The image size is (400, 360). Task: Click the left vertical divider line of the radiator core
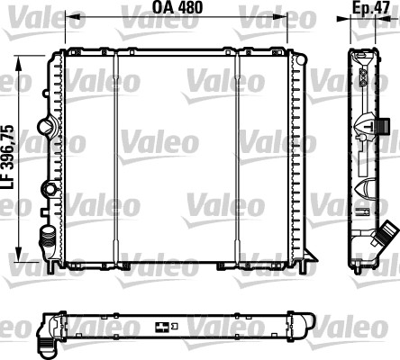pyautogui.click(x=114, y=157)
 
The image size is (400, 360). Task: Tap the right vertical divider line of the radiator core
pyautogui.click(x=239, y=157)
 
